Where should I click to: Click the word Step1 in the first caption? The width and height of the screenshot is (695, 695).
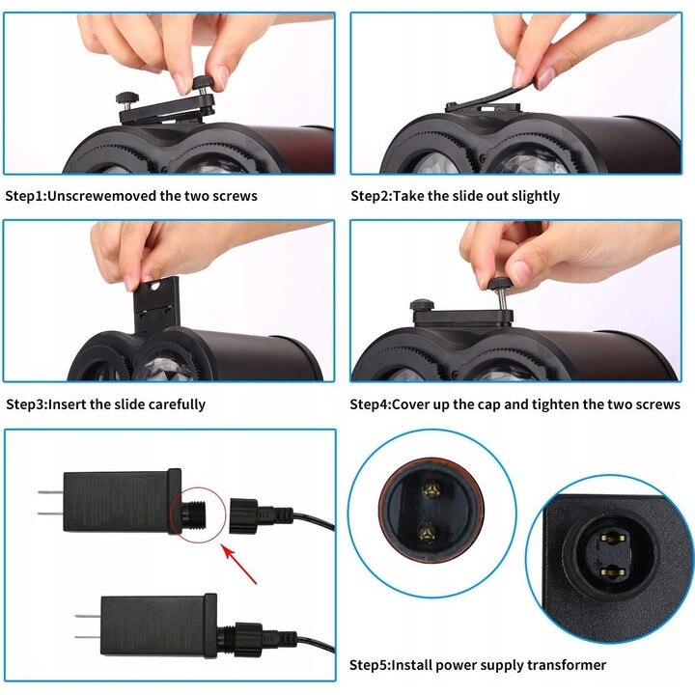click(25, 196)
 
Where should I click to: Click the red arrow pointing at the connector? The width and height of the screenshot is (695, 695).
click(239, 565)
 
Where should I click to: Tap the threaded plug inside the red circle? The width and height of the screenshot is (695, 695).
click(194, 514)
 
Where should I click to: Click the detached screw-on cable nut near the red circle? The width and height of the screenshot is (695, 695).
click(243, 515)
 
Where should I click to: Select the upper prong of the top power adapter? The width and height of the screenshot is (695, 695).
click(50, 492)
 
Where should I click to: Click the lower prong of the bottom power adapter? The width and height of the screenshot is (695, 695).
click(88, 637)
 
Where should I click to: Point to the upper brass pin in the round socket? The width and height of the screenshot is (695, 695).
click(429, 489)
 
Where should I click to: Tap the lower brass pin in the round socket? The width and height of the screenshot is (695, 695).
click(429, 531)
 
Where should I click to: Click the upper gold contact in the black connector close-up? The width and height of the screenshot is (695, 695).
click(613, 538)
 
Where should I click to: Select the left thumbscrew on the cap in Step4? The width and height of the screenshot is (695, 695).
click(422, 305)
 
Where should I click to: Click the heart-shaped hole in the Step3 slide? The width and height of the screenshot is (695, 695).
click(154, 287)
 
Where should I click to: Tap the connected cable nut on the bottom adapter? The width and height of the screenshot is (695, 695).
click(246, 638)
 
